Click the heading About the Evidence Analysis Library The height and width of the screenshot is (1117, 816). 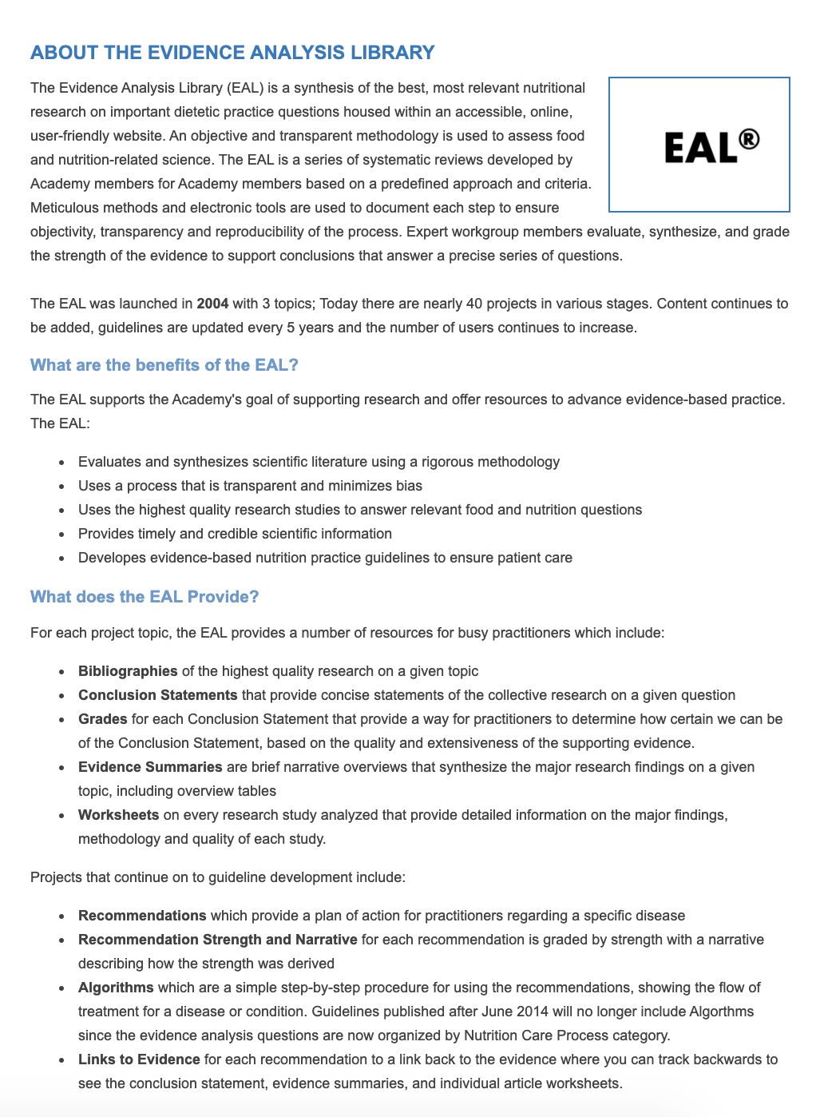(232, 53)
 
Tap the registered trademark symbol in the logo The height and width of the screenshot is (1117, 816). (748, 140)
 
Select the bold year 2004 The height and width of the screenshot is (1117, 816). (212, 304)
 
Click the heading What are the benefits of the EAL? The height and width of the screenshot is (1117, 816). (164, 365)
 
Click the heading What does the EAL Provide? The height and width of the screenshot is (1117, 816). (145, 597)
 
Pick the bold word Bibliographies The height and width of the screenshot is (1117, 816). (128, 671)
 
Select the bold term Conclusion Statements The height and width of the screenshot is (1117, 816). (157, 695)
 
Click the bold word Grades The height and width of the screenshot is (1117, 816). (102, 719)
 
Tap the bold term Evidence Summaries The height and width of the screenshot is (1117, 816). (150, 767)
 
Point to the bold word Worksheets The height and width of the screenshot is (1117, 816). (118, 815)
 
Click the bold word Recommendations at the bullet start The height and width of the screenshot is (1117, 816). (142, 916)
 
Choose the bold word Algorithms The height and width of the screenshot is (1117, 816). (116, 988)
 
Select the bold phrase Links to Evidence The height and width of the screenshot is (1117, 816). (139, 1059)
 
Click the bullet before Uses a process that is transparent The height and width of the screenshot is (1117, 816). (61, 487)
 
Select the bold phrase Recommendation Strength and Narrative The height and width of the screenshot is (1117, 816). (217, 940)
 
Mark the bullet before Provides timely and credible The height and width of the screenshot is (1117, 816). (61, 535)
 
